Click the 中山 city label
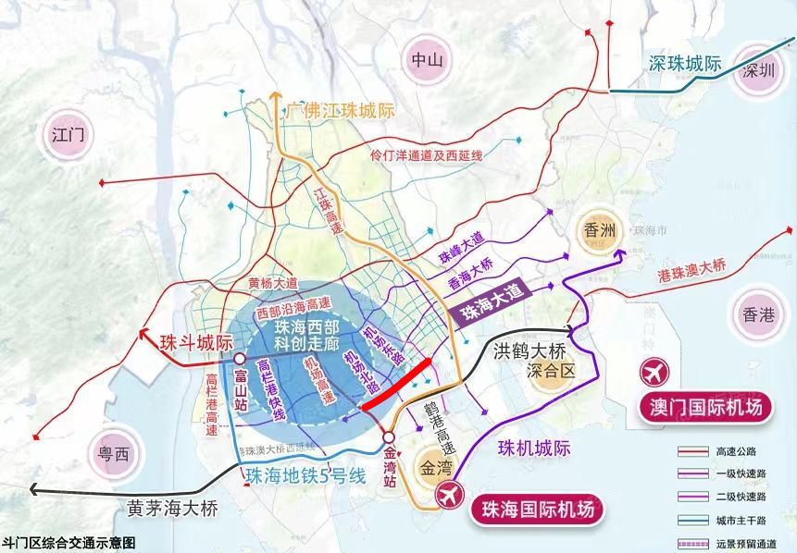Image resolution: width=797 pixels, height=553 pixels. pyautogui.click(x=428, y=61)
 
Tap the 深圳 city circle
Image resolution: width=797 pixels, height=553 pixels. pyautogui.click(x=751, y=78)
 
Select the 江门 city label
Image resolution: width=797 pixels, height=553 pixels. pyautogui.click(x=68, y=137)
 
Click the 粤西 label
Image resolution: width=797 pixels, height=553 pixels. pyautogui.click(x=114, y=455)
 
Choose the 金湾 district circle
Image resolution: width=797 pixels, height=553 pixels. pyautogui.click(x=433, y=464)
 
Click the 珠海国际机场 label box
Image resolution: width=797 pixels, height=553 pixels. pyautogui.click(x=537, y=508)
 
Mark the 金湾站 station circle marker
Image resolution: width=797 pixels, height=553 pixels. pyautogui.click(x=390, y=437)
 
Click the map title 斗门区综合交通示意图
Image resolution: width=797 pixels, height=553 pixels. pyautogui.click(x=69, y=543)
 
